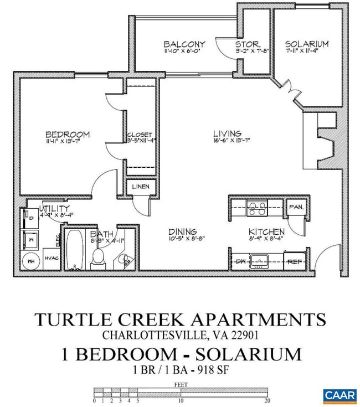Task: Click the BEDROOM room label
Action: point(67,135)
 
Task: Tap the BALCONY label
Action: point(184,44)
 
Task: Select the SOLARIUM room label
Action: point(306,44)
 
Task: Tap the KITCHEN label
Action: point(266,231)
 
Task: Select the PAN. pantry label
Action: point(294,207)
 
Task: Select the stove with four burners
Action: point(256,208)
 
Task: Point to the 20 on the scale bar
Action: point(268,400)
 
